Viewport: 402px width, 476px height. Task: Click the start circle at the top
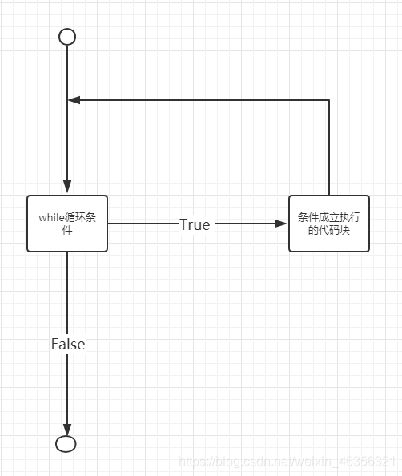67,37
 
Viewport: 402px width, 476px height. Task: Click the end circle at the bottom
67,443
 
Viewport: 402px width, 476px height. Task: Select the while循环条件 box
67,224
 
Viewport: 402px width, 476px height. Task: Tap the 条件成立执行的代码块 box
329,224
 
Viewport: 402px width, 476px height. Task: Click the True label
195,224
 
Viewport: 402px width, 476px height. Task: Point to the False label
68,344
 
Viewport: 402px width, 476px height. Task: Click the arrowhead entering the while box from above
67,188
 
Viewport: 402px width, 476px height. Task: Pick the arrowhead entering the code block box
282,224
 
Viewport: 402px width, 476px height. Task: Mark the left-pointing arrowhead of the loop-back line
74,100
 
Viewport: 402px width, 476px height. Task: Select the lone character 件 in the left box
67,230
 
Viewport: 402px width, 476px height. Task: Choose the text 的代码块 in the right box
329,231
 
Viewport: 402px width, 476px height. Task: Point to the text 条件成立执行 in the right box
329,217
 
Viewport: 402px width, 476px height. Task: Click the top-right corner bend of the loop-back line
329,100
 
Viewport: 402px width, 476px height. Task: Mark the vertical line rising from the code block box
329,148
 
